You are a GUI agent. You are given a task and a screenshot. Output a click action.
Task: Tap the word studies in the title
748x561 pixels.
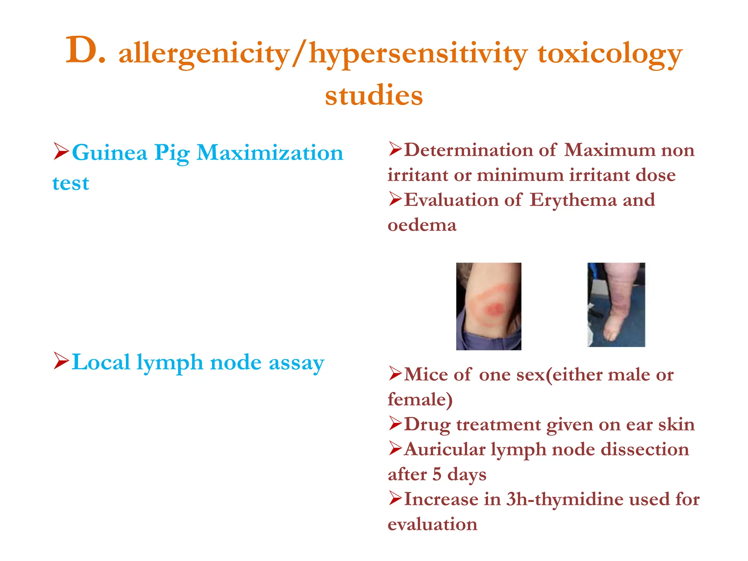[x=374, y=96]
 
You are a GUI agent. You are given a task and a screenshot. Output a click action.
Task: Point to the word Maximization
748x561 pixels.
[x=270, y=153]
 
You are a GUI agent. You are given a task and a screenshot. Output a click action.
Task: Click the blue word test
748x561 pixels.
[x=71, y=183]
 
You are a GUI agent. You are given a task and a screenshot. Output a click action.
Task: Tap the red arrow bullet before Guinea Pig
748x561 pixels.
[x=61, y=152]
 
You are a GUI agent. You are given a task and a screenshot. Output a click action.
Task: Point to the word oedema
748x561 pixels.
[x=422, y=225]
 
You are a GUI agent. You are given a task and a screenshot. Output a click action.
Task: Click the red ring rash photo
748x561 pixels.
[x=489, y=306]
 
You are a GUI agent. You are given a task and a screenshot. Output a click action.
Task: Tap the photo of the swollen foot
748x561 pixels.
[x=616, y=305]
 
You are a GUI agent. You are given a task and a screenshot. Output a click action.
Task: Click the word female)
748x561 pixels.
[x=420, y=400]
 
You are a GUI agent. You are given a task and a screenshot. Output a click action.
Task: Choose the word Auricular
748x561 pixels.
[x=444, y=450]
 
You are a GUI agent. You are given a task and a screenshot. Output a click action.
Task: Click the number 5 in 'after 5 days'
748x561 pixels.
[x=437, y=474]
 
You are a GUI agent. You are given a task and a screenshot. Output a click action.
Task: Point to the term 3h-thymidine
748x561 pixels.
[x=565, y=499]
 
